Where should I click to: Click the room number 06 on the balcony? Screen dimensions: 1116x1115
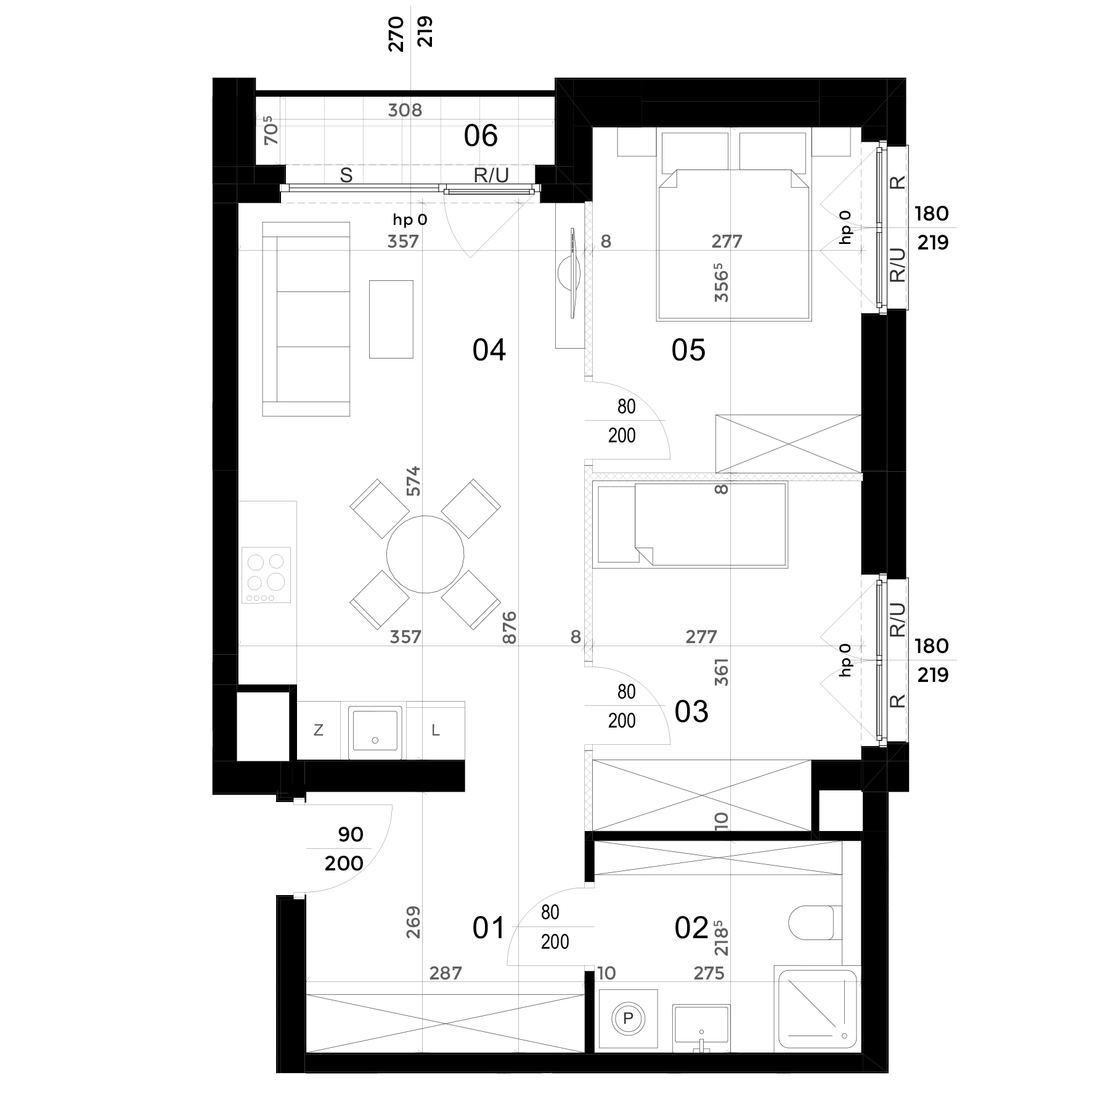[x=481, y=136]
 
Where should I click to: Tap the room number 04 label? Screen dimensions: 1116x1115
[x=489, y=350]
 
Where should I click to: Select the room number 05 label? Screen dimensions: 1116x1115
[x=688, y=350]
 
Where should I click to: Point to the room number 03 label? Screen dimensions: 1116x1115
[x=691, y=712]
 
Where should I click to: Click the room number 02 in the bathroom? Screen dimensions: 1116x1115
[x=691, y=928]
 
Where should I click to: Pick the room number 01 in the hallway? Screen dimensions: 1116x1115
[x=489, y=928]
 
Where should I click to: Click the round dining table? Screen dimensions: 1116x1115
[x=425, y=554]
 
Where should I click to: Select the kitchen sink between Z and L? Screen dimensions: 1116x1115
[x=375, y=732]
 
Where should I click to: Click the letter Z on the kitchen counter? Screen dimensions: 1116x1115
[x=319, y=731]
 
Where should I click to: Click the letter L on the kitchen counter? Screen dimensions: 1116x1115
[x=436, y=731]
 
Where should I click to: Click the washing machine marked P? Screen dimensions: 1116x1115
[x=627, y=1018]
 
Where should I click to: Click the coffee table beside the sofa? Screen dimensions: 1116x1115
[x=391, y=318]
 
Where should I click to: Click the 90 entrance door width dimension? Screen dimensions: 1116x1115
[x=351, y=835]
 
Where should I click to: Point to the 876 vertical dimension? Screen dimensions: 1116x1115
[x=509, y=628]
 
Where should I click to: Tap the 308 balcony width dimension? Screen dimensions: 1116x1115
[x=405, y=110]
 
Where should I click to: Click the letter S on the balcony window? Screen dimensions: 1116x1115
[x=346, y=176]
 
